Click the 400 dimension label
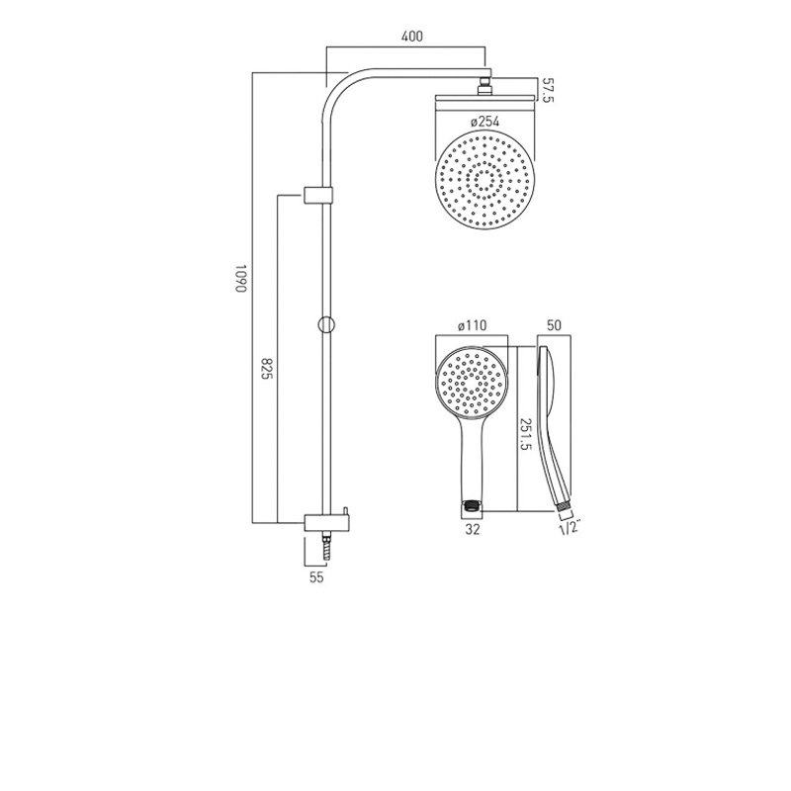click(x=412, y=37)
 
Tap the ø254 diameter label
click(x=483, y=122)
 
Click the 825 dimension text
click(x=266, y=370)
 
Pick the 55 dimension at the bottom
click(x=316, y=579)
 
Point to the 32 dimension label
click(x=472, y=530)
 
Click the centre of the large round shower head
click(x=484, y=180)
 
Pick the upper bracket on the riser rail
click(x=318, y=194)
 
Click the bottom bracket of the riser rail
click(x=320, y=522)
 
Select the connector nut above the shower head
click(x=484, y=87)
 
